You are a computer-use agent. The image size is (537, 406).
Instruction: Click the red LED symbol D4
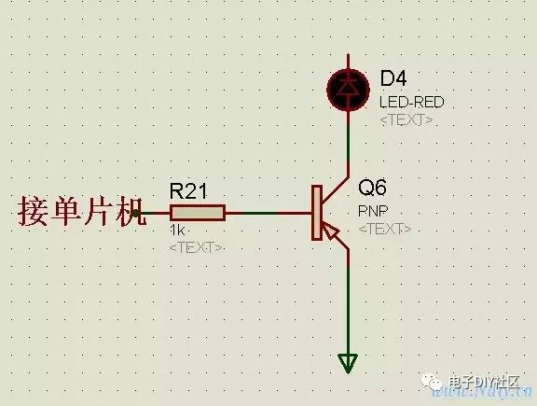tap(347, 88)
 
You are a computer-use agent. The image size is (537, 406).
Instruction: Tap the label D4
tap(393, 77)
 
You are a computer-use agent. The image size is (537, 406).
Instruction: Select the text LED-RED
tap(411, 101)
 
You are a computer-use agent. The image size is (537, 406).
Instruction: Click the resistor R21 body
tap(198, 214)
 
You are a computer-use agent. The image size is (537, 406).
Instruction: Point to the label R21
tap(188, 191)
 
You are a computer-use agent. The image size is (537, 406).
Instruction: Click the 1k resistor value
tap(178, 231)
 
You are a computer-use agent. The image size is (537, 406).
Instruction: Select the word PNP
tap(372, 211)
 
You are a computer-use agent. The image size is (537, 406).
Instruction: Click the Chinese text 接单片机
tap(75, 212)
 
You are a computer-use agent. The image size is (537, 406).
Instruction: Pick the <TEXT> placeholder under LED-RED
tap(406, 121)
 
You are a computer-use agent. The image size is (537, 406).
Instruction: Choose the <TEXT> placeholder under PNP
tap(384, 229)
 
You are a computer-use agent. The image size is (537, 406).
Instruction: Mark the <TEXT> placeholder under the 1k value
tap(196, 246)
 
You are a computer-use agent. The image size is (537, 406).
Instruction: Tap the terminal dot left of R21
tap(136, 214)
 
